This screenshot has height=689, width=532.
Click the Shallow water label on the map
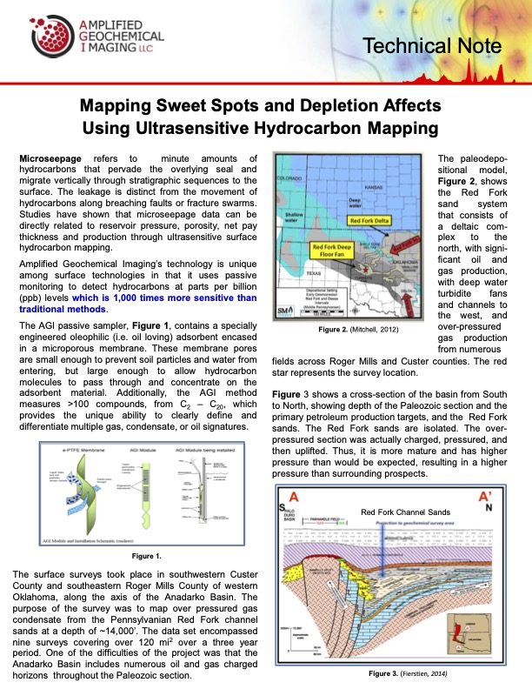tap(293, 217)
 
